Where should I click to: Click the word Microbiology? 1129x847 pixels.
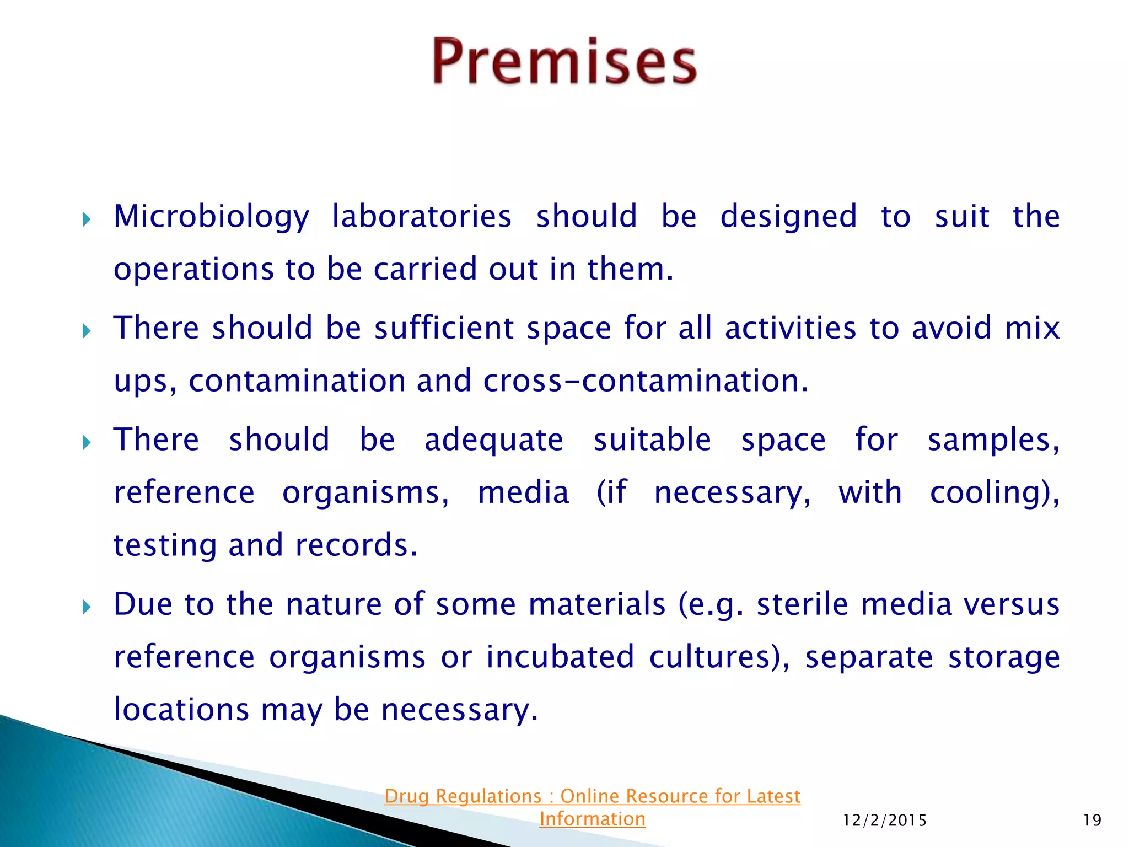point(211,216)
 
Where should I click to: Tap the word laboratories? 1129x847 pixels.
point(422,216)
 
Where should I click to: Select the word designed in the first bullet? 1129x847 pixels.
point(788,216)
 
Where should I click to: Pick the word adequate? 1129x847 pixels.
point(493,439)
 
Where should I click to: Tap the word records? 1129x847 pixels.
point(356,545)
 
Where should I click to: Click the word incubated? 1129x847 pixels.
point(560,657)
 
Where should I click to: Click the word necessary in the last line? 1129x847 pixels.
point(459,710)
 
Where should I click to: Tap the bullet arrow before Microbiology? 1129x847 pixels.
point(87,220)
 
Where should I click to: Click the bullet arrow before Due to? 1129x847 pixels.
point(87,608)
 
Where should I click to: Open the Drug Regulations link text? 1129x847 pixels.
point(592,796)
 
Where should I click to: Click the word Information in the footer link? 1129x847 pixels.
point(592,819)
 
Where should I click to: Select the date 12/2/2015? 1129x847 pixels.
point(885,821)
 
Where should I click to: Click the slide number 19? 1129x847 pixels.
point(1092,821)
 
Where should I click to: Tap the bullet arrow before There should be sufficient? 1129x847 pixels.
point(87,331)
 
